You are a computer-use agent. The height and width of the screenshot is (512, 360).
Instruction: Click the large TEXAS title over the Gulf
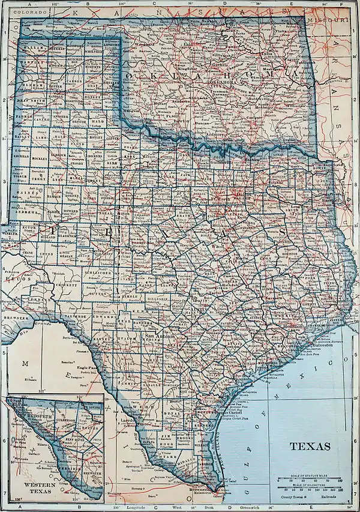coord(310,446)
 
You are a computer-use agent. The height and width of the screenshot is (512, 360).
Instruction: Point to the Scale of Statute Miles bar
coord(310,479)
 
